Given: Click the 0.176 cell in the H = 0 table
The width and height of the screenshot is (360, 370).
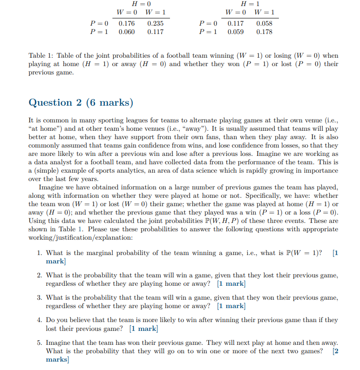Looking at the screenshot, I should point(127,23).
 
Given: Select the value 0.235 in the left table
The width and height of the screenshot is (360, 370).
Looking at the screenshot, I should point(155,23).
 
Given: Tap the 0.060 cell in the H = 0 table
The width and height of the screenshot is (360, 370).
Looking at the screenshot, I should point(127,32).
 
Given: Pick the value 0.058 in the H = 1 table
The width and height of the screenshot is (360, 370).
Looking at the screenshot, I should point(264,23).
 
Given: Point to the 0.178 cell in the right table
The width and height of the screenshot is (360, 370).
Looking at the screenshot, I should point(264,32).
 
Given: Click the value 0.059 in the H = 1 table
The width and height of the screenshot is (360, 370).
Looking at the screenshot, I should point(235,32).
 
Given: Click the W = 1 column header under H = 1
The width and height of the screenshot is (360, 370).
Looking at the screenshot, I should point(264,12).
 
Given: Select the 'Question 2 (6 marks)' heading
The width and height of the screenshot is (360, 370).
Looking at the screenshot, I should point(81,102).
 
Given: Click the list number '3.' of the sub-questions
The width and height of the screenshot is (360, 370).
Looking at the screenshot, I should point(40,297).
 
